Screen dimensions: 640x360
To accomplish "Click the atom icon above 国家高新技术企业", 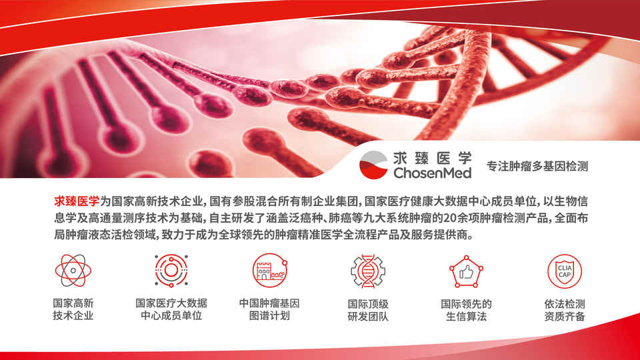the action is tap(73, 270).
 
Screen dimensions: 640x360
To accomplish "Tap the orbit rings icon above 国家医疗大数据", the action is tap(171, 270).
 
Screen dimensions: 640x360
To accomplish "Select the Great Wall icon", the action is tap(270, 270).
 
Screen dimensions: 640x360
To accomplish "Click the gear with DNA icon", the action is tap(368, 271).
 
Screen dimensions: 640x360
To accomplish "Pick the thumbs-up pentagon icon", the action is tap(466, 271).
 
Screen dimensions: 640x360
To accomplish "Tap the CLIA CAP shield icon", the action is tap(565, 271).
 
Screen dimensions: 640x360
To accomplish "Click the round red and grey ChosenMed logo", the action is tap(373, 165).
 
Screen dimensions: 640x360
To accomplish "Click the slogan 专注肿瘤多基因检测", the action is tap(537, 166).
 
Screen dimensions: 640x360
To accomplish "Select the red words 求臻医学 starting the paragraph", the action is tap(77, 201).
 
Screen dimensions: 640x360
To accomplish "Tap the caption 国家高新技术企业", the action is tap(73, 309).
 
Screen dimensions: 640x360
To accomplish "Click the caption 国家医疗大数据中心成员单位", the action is tap(171, 309).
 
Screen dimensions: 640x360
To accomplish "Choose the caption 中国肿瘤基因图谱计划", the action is tap(269, 309).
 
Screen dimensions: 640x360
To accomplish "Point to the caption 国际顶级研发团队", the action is tap(368, 310).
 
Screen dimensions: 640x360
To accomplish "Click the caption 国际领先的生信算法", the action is tap(466, 310).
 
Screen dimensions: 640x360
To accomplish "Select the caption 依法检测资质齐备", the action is tap(565, 310).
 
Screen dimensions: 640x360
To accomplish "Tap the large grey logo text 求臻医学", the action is tap(432, 157).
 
